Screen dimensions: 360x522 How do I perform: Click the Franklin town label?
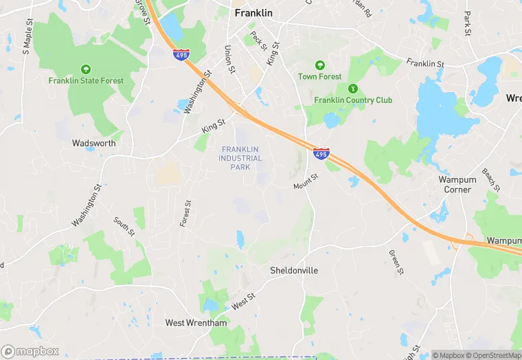coord(253,13)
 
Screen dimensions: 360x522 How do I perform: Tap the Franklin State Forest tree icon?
coord(86,69)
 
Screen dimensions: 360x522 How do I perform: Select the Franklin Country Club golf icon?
coord(353,89)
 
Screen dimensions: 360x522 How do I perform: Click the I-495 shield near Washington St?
coord(181,54)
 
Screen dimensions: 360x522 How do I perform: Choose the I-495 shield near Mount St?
coord(321,153)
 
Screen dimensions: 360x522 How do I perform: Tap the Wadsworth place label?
coord(93,144)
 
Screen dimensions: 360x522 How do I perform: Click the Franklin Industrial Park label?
coord(241,158)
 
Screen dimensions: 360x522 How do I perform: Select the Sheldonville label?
coord(294,270)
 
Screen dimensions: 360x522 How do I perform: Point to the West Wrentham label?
coord(196,322)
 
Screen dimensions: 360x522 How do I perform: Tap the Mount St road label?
coord(306,181)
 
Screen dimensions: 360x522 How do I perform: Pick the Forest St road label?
coord(186,214)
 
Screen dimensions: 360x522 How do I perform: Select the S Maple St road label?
coord(27,41)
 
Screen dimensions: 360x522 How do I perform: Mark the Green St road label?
coord(396,262)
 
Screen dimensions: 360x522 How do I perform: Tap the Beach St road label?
coord(490,180)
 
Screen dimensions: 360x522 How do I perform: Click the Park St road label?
coord(467,23)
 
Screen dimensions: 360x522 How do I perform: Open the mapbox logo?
coord(30,351)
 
